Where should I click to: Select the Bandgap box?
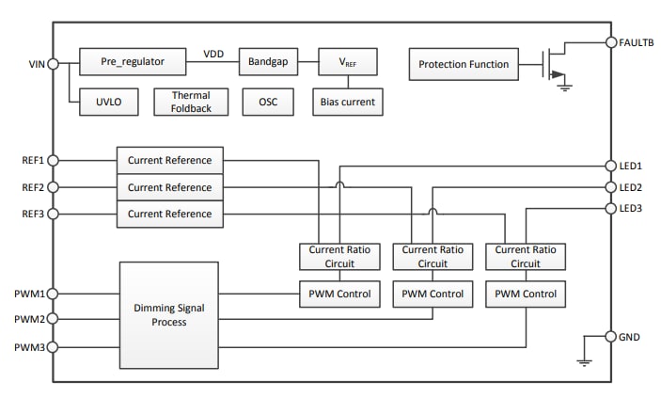(x=268, y=62)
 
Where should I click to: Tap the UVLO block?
(x=106, y=102)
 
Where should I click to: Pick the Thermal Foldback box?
(x=191, y=102)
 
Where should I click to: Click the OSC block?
(x=268, y=102)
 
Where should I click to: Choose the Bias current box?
(x=347, y=102)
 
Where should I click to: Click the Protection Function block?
(x=464, y=64)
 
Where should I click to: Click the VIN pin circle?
(x=53, y=63)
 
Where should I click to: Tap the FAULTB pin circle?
(x=609, y=42)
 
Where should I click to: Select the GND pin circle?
(x=609, y=336)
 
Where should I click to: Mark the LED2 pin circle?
(x=609, y=187)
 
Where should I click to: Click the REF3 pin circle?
(x=53, y=215)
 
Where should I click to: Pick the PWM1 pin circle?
(x=53, y=294)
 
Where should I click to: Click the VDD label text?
(x=214, y=55)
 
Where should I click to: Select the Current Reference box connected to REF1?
(x=170, y=160)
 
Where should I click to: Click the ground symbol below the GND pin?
(x=583, y=360)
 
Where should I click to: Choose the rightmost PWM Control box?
(x=526, y=295)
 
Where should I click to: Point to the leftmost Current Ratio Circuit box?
(x=339, y=257)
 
